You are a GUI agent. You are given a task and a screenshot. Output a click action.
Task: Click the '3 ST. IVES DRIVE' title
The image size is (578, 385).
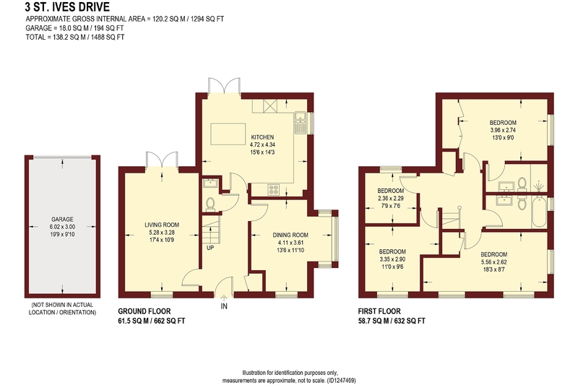click(x=67, y=7)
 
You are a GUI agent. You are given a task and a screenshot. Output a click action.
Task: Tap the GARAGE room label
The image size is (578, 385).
click(x=62, y=219)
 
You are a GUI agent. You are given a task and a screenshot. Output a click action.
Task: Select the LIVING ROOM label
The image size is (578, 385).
click(x=162, y=225)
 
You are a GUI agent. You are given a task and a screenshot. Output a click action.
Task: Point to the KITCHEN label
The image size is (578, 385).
click(x=262, y=137)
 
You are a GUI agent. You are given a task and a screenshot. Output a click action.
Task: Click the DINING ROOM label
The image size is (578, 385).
click(x=290, y=235)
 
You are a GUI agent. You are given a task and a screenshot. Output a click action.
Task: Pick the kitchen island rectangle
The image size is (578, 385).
click(x=228, y=134)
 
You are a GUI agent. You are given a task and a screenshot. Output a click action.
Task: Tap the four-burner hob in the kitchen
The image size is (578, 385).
click(x=274, y=189)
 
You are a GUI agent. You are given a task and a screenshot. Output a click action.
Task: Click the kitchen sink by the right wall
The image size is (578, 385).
click(x=301, y=122)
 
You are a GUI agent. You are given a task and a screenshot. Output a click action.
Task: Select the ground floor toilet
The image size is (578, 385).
click(x=210, y=204)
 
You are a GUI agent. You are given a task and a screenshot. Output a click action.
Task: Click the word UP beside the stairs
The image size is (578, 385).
click(x=210, y=248)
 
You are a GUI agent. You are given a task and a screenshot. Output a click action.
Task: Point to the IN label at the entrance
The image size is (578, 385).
click(x=224, y=306)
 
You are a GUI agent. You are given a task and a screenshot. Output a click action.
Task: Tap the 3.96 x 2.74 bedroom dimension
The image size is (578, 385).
click(x=503, y=130)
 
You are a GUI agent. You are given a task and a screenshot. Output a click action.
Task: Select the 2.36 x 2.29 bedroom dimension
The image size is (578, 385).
click(x=391, y=198)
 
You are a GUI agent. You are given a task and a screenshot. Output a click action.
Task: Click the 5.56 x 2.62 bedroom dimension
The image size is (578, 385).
click(x=494, y=262)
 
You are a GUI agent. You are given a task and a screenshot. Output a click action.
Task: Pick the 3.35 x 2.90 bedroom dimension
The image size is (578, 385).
click(x=392, y=259)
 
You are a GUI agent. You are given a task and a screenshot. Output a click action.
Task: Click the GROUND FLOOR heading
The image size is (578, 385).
click(x=144, y=311)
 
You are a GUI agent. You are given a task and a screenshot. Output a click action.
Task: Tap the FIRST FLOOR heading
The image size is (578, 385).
click(x=379, y=311)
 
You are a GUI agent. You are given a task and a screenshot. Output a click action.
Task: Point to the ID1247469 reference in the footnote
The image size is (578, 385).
click(x=341, y=380)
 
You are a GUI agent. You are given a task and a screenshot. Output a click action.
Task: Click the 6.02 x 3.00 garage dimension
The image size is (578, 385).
click(x=62, y=227)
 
